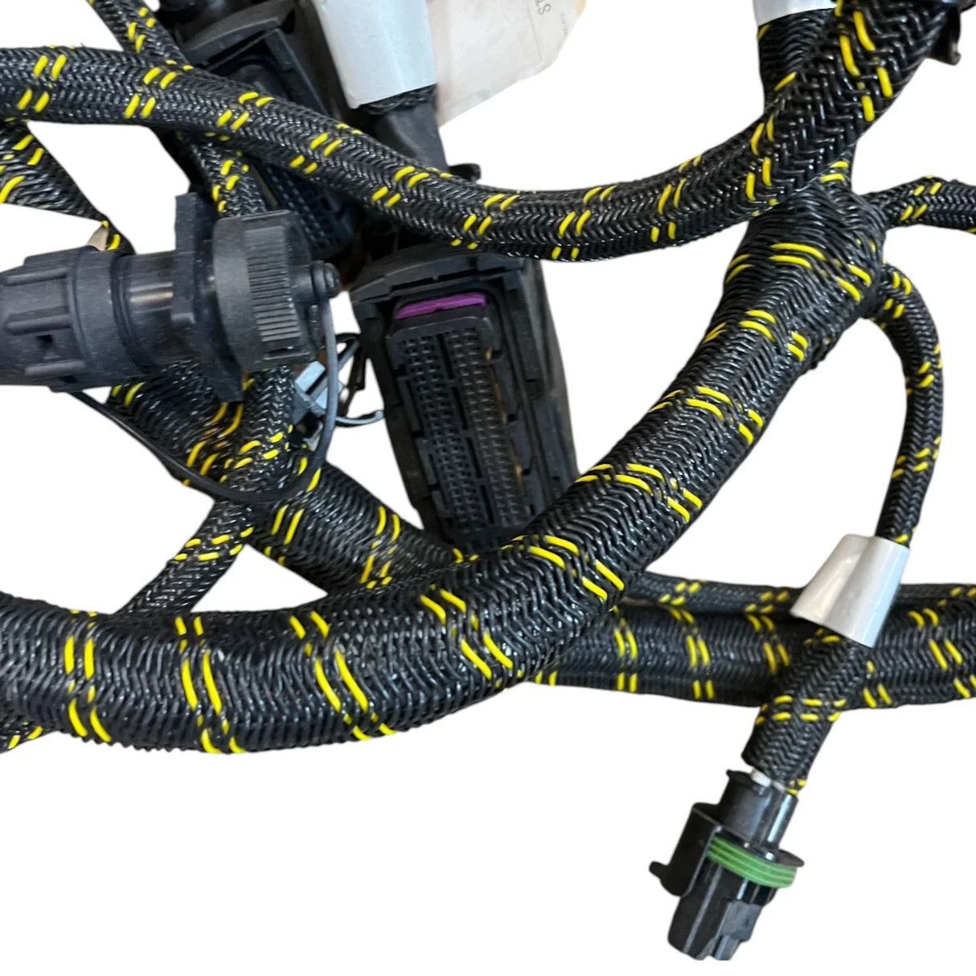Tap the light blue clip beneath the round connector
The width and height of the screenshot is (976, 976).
pyautogui.click(x=354, y=378)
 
